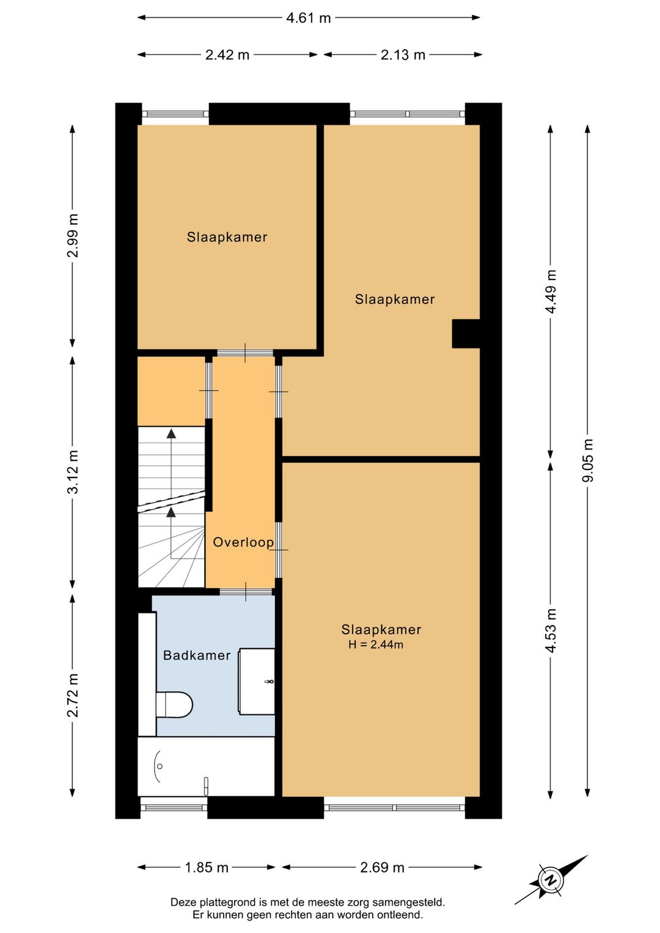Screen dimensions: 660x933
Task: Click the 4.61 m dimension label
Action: (308, 18)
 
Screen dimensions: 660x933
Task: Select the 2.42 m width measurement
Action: (227, 55)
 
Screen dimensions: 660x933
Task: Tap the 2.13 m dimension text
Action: (403, 55)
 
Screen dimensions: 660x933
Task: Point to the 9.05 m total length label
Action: (587, 460)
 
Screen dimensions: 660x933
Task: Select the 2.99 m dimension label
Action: (73, 236)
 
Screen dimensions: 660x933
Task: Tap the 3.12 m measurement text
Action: (73, 472)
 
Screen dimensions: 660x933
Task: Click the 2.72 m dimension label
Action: (73, 695)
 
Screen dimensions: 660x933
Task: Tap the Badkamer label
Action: (197, 655)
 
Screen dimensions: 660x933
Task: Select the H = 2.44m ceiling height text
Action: (376, 645)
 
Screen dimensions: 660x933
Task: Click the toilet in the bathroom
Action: (174, 705)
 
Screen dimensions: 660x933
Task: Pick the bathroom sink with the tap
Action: (256, 682)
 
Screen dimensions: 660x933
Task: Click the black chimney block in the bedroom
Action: (466, 334)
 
